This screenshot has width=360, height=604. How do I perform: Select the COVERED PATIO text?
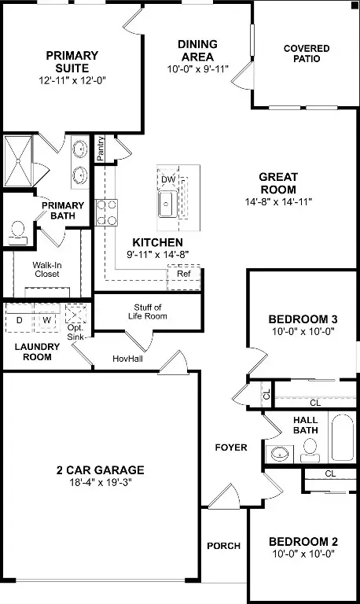click(307, 54)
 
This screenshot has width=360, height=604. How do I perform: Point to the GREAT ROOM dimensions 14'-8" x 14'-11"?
click(278, 201)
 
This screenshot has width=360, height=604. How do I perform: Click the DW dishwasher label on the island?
click(167, 179)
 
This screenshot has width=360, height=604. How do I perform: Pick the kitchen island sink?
click(167, 204)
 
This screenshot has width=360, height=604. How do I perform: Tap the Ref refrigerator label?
click(183, 274)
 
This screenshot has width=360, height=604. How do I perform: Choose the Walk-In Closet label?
click(46, 270)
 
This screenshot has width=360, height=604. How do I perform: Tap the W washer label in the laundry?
click(46, 320)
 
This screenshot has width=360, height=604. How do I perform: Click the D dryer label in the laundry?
click(20, 320)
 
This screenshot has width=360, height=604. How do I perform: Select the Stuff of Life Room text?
click(148, 311)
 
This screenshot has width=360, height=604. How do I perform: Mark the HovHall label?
click(126, 358)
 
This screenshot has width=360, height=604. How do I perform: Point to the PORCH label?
click(223, 546)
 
